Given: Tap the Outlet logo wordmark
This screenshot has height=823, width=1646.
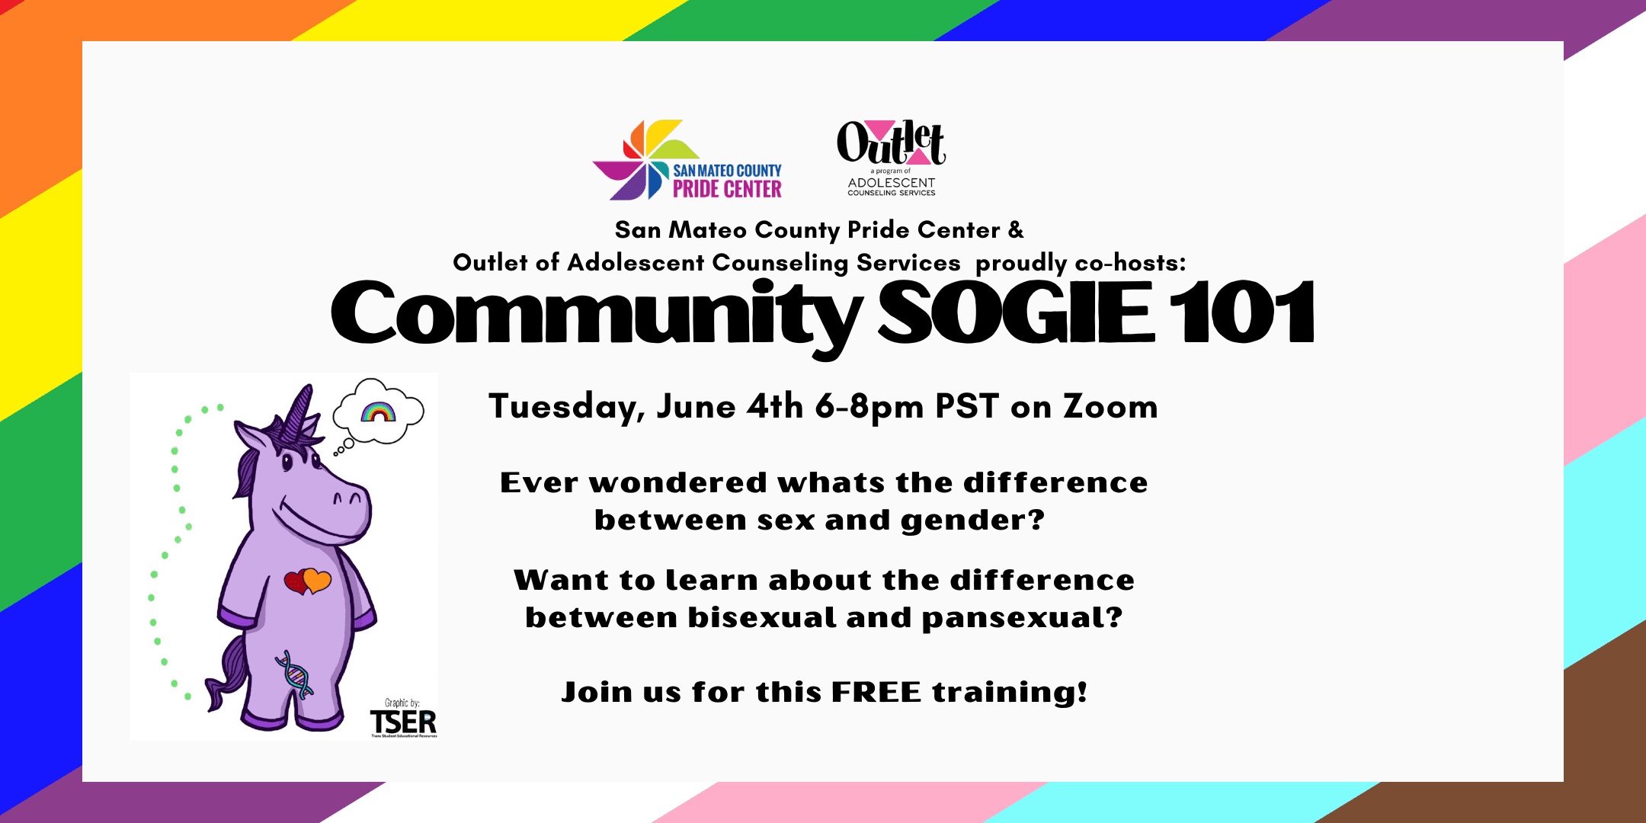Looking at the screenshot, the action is coord(891,143).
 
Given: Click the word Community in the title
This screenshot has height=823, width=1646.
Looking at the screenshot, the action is coord(597,316).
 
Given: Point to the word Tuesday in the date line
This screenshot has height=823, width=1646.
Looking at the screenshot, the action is coord(566,408).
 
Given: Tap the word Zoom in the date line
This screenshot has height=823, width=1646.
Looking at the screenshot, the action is coord(1110,407).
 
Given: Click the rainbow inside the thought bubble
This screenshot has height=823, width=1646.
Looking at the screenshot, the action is coord(379,411).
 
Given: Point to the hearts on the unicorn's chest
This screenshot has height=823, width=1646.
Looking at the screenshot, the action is coord(308,581).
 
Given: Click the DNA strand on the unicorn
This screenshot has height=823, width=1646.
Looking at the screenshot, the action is coord(295,674).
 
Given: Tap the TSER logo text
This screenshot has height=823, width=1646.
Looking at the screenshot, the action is coord(403,722).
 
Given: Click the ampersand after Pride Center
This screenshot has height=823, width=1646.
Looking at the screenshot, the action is coord(1016,229).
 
